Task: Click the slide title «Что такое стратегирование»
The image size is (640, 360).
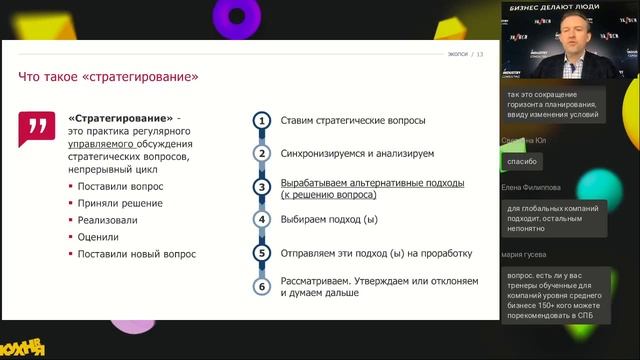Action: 109,77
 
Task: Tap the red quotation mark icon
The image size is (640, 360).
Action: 38,127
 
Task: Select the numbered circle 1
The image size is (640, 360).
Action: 262,121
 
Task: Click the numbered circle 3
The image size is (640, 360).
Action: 262,187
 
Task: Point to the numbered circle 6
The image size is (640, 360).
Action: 262,287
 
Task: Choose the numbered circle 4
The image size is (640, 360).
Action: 262,219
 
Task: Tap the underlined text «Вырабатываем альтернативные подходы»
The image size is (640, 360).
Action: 372,183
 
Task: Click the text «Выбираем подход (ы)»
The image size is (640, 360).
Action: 329,219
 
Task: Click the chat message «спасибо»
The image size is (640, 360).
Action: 522,161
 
